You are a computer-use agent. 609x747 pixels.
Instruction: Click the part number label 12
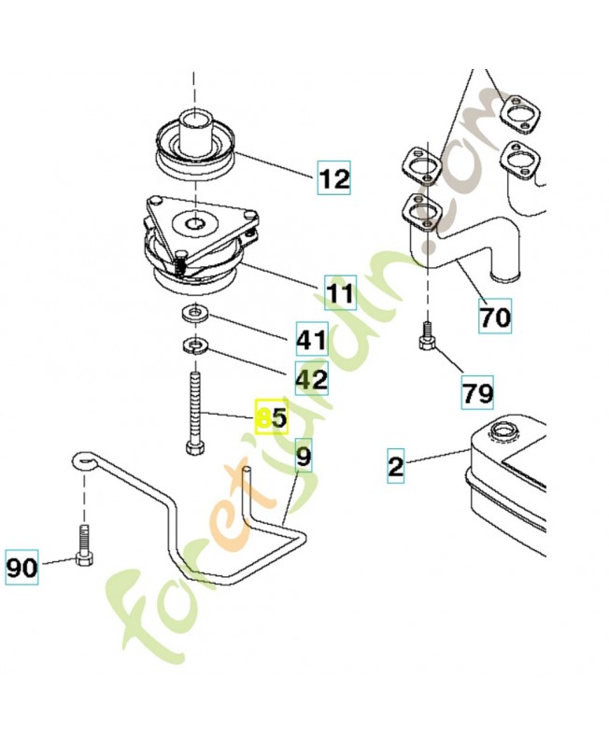pos(334,177)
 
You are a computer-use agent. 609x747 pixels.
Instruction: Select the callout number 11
pos(340,292)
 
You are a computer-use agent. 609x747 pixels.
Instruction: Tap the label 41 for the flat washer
pos(312,339)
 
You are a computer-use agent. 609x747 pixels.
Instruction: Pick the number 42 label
pos(312,378)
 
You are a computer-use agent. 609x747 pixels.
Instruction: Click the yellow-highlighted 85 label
pos(272,416)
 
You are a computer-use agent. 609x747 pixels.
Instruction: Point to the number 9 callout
pos(304,455)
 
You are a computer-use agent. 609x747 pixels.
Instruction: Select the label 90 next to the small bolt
pos(21,567)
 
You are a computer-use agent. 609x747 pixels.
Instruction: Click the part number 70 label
pos(495,316)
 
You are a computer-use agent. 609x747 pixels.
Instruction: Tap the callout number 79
pos(477,393)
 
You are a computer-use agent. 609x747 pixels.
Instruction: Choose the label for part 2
pos(395,465)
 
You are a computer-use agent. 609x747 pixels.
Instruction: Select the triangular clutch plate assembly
pos(200,242)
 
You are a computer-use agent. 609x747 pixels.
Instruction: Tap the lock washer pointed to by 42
pos(194,345)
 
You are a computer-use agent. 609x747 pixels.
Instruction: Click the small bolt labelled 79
pos(428,336)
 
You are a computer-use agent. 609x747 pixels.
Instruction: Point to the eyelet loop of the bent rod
pos(85,460)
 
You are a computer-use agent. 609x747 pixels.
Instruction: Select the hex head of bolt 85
pos(195,449)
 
